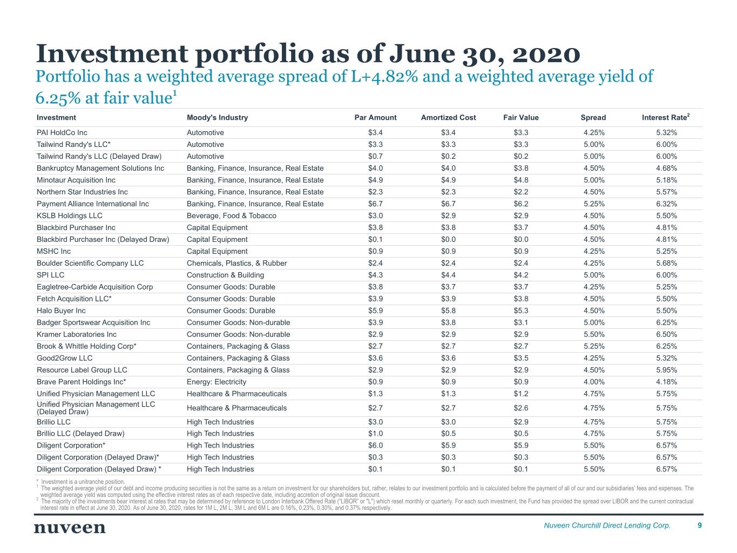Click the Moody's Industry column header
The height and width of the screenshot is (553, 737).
point(217,118)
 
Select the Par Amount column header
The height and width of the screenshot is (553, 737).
point(375,118)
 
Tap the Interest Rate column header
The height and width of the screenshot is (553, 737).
point(665,118)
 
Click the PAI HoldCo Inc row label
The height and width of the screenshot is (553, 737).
point(62,133)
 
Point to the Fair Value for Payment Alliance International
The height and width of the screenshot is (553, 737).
point(520,204)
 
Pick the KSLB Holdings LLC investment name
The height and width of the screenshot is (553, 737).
point(69,216)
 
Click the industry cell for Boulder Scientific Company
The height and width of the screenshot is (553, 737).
point(236,264)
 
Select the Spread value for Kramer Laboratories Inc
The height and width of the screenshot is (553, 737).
point(594,335)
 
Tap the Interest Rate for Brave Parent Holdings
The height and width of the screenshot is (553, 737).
point(666,382)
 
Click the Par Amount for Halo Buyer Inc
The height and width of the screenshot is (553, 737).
point(375,311)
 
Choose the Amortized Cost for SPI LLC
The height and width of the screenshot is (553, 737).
point(448,275)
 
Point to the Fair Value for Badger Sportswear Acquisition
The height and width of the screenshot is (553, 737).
point(520,323)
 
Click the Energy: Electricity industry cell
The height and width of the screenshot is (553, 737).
point(216,382)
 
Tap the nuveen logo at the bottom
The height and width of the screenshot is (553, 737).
point(70,527)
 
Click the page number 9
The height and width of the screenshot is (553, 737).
point(700,525)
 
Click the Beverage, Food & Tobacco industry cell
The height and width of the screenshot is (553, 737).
point(231,216)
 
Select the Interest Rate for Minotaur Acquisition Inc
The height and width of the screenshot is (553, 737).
point(666,180)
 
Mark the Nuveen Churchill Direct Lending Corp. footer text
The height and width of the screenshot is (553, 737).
point(607,525)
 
